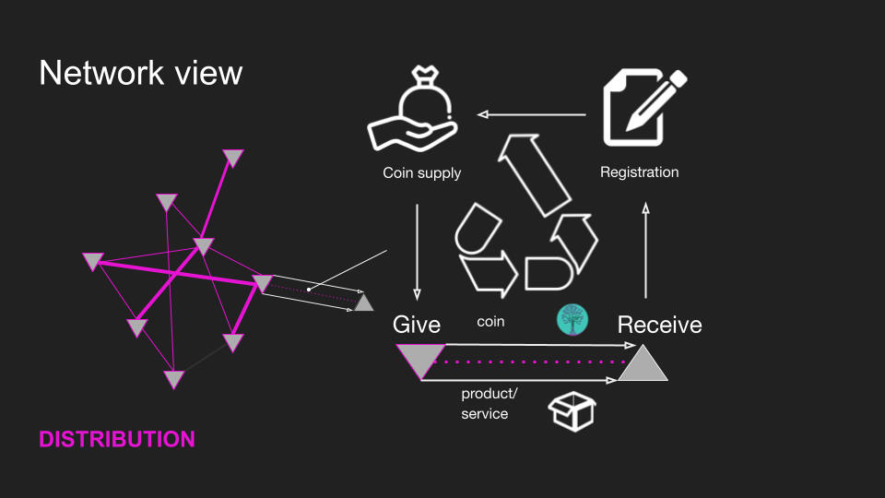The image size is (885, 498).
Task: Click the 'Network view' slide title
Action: pyautogui.click(x=140, y=73)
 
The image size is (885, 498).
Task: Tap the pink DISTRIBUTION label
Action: pyautogui.click(x=117, y=439)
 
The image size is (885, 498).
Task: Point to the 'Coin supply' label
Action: pyautogui.click(x=421, y=172)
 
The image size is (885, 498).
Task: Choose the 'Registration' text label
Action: pyautogui.click(x=639, y=172)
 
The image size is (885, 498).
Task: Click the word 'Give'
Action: pyautogui.click(x=417, y=325)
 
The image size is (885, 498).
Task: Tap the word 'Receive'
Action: pyautogui.click(x=659, y=325)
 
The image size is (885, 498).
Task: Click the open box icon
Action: pyautogui.click(x=572, y=409)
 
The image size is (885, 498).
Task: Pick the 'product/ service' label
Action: pyautogui.click(x=489, y=404)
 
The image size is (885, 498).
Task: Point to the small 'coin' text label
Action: pyautogui.click(x=490, y=322)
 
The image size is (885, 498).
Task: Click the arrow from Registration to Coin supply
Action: pyautogui.click(x=532, y=115)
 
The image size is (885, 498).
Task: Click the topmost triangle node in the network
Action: pyautogui.click(x=233, y=158)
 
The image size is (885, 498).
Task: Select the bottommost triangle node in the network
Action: pyautogui.click(x=173, y=378)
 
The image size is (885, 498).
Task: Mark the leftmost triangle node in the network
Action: pyautogui.click(x=92, y=261)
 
